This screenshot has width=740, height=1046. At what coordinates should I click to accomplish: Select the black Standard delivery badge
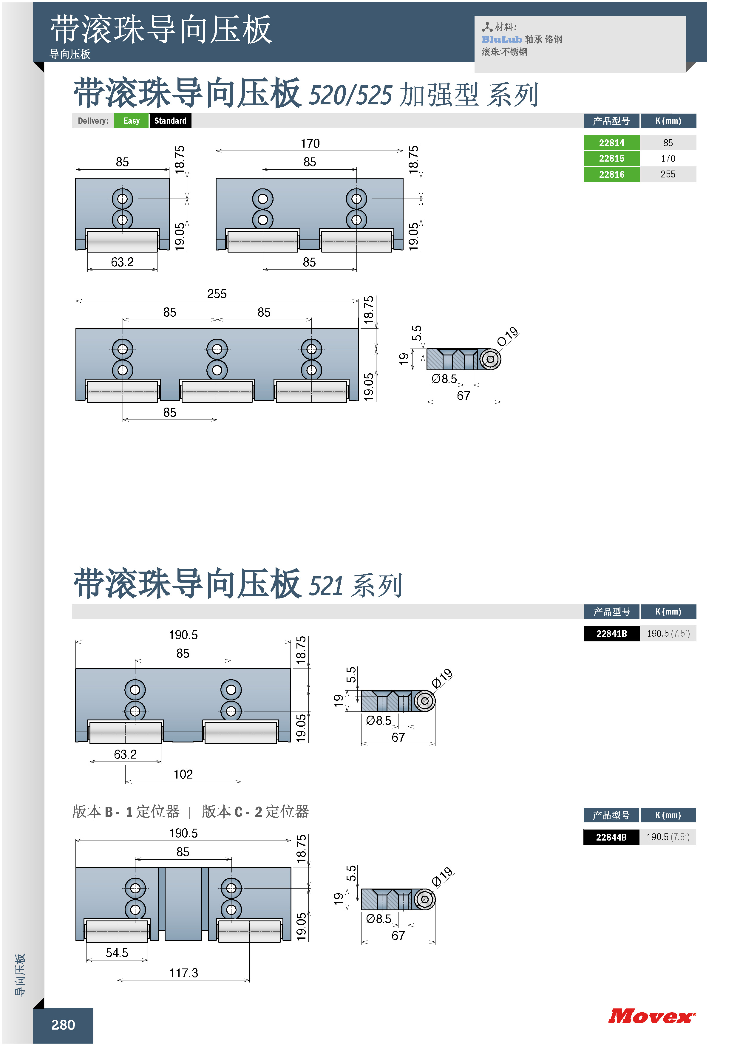[170, 121]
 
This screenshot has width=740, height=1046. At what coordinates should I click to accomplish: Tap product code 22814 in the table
[611, 143]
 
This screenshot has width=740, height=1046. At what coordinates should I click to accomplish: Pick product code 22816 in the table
[611, 174]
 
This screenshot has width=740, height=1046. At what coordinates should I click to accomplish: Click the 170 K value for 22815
[668, 158]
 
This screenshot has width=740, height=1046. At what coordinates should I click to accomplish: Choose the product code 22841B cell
[611, 633]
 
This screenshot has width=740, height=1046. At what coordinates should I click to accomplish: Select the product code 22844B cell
[611, 837]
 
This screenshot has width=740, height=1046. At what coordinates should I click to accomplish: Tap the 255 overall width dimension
[217, 294]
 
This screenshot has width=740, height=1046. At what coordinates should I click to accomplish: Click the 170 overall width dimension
[310, 143]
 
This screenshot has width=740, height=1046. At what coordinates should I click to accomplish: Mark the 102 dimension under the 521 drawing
[183, 774]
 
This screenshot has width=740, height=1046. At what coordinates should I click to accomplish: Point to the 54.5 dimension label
[117, 953]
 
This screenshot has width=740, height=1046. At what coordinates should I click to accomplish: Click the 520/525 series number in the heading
[350, 95]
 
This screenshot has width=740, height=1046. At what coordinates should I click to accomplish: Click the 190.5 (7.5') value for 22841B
[668, 633]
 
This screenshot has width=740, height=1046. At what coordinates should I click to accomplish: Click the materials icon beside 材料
[487, 27]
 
